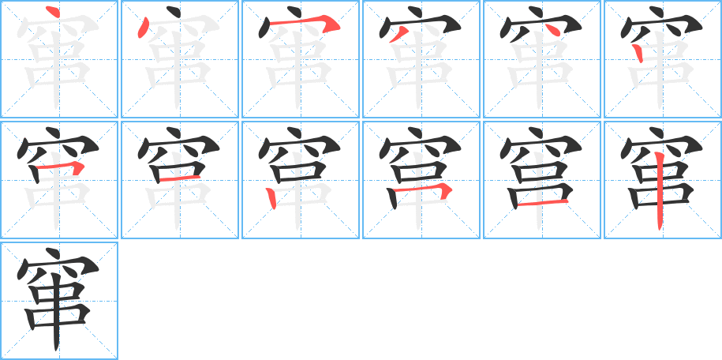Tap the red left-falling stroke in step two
click(x=143, y=30)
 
